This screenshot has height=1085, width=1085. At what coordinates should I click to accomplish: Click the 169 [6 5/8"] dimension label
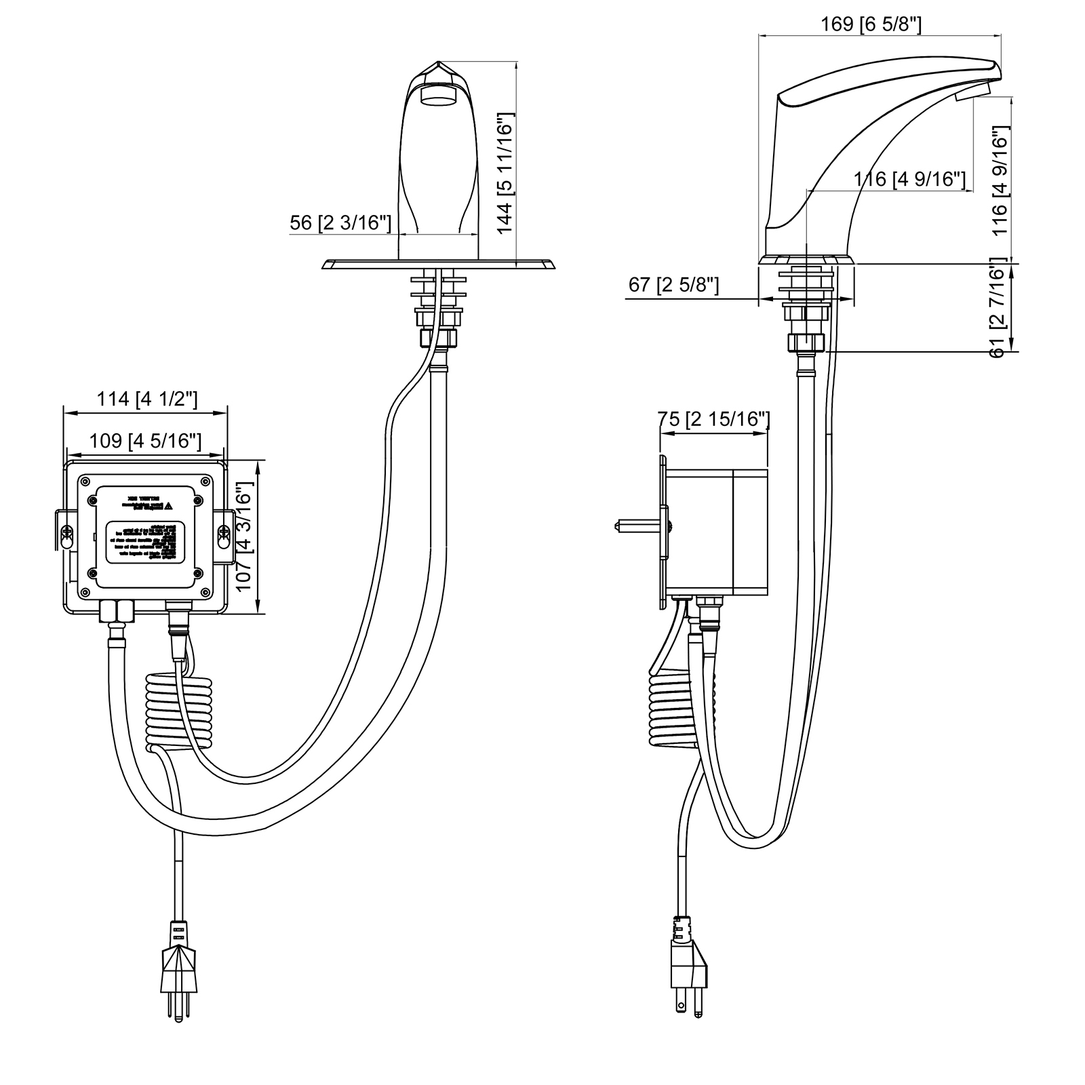[871, 24]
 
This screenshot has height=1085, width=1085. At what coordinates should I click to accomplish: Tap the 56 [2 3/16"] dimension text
[340, 222]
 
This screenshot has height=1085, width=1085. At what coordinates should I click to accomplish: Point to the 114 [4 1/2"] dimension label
[146, 399]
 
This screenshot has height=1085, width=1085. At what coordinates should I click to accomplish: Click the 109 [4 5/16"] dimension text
[145, 441]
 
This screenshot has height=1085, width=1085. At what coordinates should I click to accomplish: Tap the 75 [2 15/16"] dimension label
[713, 420]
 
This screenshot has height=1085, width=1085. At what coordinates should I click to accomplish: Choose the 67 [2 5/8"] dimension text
[673, 284]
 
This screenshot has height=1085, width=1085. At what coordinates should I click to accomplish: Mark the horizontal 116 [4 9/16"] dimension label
[909, 179]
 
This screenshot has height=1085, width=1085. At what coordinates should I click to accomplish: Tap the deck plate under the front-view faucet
[439, 264]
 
